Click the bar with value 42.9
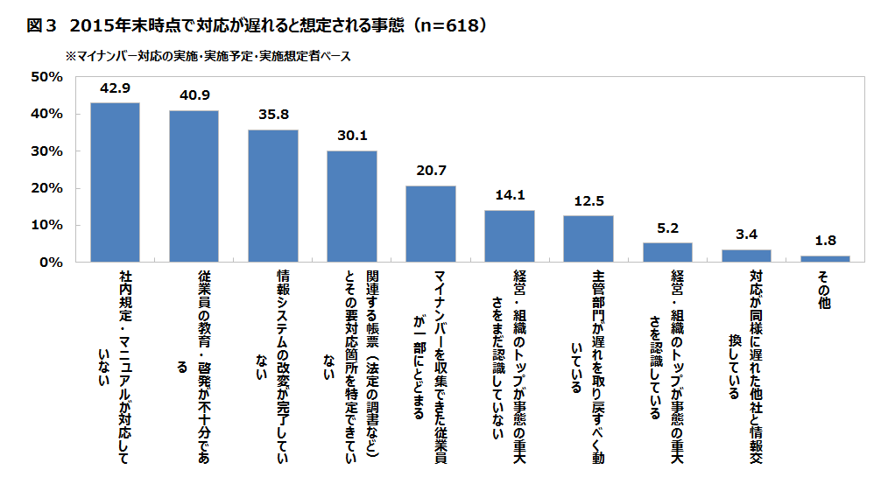(x=115, y=182)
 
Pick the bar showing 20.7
(x=430, y=223)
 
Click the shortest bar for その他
(x=825, y=258)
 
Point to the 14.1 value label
(x=509, y=196)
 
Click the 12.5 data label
(x=588, y=201)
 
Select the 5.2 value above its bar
(x=667, y=228)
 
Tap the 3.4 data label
(x=746, y=235)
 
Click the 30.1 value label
(x=351, y=137)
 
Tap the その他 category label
(x=825, y=288)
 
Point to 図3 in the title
(x=41, y=26)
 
